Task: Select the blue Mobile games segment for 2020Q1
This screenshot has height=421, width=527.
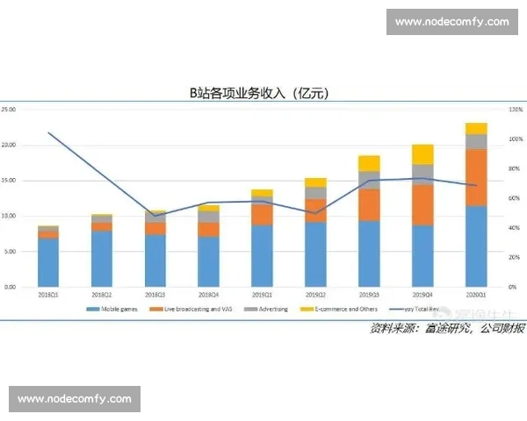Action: click(x=476, y=246)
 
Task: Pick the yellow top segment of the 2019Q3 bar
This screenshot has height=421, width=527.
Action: click(x=368, y=163)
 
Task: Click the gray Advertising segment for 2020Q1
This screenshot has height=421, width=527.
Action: click(x=476, y=141)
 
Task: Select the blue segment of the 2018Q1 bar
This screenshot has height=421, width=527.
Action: click(x=48, y=262)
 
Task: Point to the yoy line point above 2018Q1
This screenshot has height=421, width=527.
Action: click(x=48, y=132)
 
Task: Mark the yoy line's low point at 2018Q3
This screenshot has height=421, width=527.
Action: click(x=155, y=216)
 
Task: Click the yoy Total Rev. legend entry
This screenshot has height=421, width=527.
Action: click(x=416, y=310)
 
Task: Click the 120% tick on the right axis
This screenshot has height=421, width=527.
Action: click(x=516, y=110)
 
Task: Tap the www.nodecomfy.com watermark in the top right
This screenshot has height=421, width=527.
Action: click(x=451, y=21)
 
